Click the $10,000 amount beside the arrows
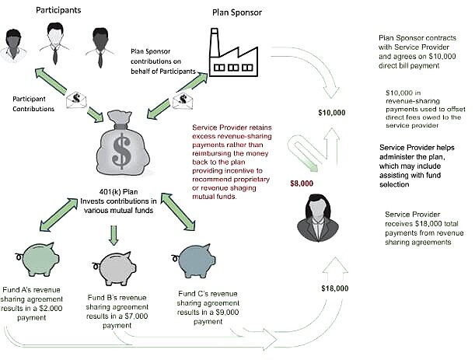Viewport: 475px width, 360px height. click(333, 113)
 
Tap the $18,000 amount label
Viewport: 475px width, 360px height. click(334, 288)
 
